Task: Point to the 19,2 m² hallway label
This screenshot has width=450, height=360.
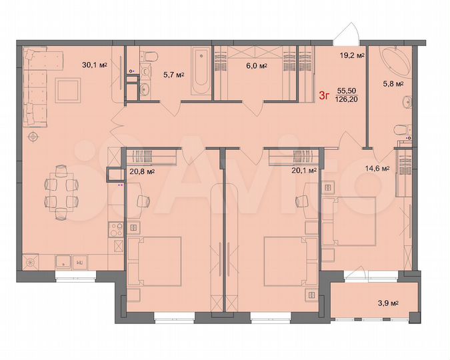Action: pos(352,57)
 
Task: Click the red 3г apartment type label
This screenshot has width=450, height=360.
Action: pos(324,95)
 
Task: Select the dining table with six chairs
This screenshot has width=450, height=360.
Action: pos(61,193)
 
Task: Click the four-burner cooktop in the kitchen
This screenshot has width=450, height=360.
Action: pos(115,231)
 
